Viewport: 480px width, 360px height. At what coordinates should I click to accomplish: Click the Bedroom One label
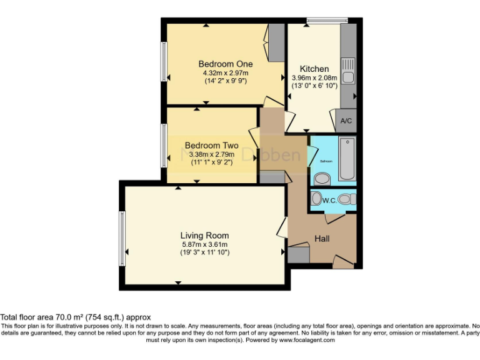coord(225,64)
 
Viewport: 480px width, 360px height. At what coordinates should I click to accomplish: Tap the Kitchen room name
coord(314,69)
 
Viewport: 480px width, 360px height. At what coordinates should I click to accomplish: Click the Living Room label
coord(204,235)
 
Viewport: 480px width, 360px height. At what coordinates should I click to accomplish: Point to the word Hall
coord(322,239)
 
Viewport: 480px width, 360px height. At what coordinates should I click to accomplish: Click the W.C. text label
coord(329,200)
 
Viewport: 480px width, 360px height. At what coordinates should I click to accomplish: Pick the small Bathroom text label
coord(325,161)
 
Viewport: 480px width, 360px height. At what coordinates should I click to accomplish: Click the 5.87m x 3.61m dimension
coord(204,244)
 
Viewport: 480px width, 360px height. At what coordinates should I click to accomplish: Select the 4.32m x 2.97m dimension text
coord(225,72)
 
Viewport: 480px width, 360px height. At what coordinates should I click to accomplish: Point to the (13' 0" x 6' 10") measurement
coord(314,86)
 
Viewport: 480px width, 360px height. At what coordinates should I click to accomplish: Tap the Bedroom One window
coord(163,64)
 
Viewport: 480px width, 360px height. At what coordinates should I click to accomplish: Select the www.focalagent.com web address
coord(306,341)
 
